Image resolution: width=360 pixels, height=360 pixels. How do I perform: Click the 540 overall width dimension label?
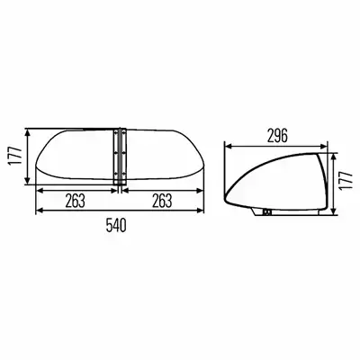116,225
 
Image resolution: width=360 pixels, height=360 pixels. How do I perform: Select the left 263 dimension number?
76,201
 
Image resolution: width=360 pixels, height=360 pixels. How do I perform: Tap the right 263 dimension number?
162,201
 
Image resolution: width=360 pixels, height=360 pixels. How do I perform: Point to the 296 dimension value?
277,136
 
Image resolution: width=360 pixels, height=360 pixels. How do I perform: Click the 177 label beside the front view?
15,156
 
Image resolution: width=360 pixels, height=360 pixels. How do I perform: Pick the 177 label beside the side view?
346,180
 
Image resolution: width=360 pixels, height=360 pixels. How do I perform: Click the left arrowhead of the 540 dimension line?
39,211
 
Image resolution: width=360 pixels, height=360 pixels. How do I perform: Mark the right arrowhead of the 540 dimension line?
201,211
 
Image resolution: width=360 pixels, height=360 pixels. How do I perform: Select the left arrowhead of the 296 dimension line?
228,147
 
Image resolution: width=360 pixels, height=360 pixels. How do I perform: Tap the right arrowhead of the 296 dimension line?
323,147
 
